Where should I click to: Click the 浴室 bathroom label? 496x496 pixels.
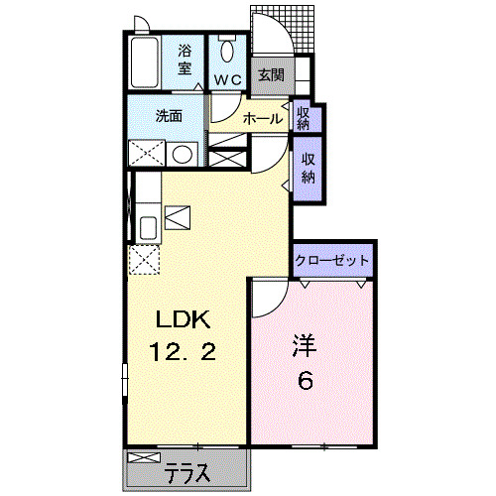185,60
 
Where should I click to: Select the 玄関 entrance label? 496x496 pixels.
270,74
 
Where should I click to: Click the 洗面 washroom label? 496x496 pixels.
169,115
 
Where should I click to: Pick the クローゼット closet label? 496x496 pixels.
332,261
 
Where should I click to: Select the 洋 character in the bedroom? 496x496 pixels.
305,347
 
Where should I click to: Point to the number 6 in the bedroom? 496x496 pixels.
306,381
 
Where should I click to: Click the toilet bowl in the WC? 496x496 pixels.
227,50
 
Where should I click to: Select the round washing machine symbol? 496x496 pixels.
182,155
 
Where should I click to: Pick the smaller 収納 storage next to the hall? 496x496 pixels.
303,117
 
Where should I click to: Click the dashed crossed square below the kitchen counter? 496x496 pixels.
145,260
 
